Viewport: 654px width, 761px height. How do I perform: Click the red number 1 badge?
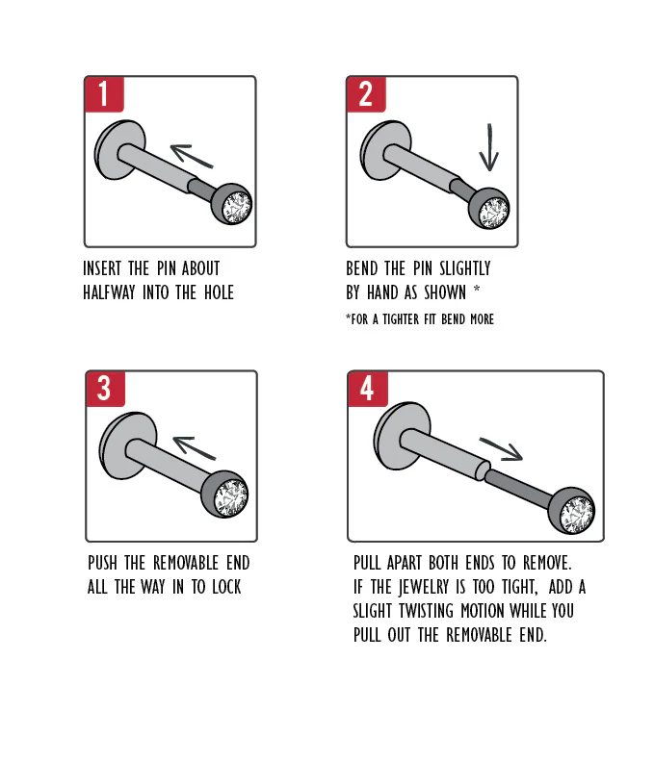point(104,93)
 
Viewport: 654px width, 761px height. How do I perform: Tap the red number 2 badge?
point(366,93)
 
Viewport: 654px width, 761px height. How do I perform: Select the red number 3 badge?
point(105,389)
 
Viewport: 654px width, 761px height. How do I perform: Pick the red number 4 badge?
point(368,389)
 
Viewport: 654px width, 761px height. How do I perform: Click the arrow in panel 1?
point(192,155)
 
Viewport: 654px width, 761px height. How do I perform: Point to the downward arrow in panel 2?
point(489,147)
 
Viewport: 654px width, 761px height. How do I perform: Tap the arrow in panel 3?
point(194,447)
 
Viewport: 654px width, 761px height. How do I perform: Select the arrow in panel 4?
point(501,449)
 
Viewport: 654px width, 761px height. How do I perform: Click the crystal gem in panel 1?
point(237,207)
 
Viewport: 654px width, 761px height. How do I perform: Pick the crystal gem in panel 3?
point(233,498)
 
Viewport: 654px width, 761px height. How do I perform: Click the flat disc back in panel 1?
point(119,149)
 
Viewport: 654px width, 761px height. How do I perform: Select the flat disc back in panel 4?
point(402,436)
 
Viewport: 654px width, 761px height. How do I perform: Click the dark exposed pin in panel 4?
point(520,489)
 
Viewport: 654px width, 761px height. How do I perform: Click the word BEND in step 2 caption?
point(361,268)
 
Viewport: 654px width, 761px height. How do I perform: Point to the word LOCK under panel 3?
point(226,587)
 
